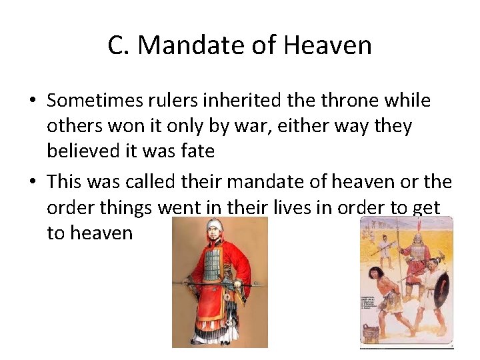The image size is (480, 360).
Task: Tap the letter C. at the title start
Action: click(119, 45)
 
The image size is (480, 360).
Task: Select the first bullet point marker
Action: click(32, 101)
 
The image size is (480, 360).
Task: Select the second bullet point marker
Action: click(32, 182)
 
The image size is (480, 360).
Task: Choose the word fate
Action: click(195, 151)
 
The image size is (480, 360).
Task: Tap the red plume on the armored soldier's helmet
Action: click(419, 227)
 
